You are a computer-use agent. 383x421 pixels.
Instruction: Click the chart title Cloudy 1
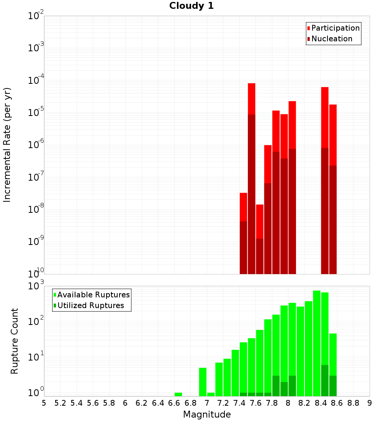coord(191,6)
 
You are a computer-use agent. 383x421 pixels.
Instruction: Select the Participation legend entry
coord(335,28)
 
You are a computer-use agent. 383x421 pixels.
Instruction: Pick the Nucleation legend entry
coord(332,39)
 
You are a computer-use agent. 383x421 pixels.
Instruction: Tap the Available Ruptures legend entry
coord(93,295)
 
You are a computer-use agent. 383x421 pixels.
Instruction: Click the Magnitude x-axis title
coord(207,414)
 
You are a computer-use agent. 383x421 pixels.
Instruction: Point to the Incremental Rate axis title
coord(7,145)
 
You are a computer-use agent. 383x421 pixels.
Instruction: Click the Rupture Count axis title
coord(15,341)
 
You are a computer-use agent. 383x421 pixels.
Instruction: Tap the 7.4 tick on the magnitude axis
coord(239,403)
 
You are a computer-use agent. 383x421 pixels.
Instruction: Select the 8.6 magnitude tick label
coord(337,403)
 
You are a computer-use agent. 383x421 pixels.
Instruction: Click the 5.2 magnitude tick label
coord(60,403)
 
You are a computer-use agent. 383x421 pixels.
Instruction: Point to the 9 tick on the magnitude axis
coord(369,403)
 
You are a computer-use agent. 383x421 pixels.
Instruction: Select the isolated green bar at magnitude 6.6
coord(178,394)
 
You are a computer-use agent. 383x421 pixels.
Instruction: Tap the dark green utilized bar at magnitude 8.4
coord(325,380)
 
